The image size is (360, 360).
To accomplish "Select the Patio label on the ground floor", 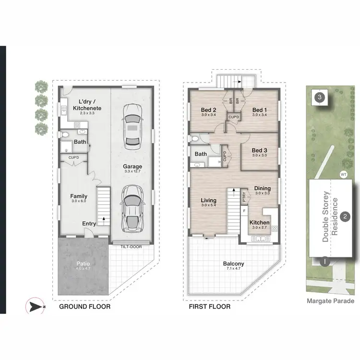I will click(83, 264).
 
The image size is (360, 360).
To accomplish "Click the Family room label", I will click(78, 196).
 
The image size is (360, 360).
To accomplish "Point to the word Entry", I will click(89, 223).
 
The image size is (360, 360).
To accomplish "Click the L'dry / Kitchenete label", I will click(83, 105).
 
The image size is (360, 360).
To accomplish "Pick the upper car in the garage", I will click(132, 126).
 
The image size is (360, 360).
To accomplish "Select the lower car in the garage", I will click(132, 207).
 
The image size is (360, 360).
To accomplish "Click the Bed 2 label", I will click(209, 109).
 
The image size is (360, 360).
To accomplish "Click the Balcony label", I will click(233, 264).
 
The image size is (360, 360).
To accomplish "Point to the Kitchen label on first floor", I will click(259, 223).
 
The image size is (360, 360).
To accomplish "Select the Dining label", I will click(263, 189).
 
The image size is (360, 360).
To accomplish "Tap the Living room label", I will click(208, 200).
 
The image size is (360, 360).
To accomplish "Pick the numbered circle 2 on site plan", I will click(345, 217).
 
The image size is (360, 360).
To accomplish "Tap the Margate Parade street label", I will click(330, 301).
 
